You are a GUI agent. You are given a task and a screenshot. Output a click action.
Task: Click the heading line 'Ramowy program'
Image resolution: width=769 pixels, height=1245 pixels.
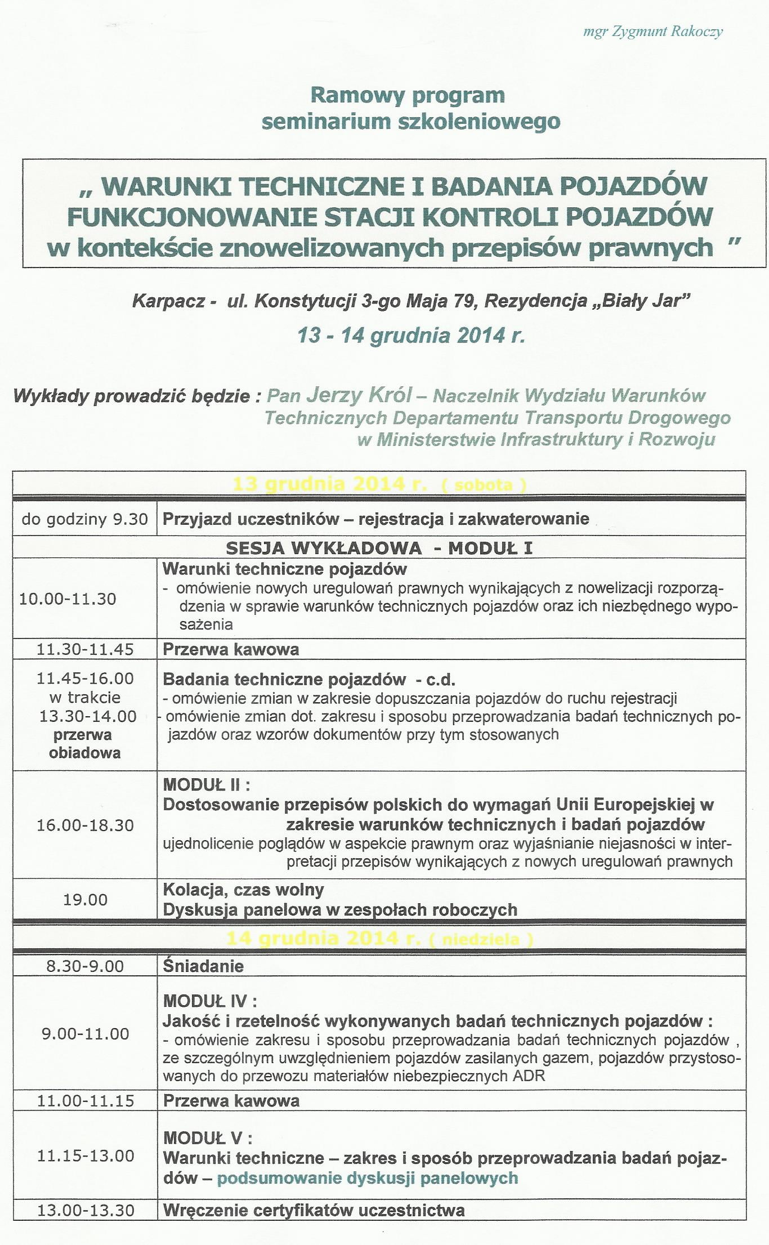pos(407,95)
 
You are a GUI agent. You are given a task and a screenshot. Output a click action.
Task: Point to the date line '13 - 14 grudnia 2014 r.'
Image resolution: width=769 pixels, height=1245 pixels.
pos(411,336)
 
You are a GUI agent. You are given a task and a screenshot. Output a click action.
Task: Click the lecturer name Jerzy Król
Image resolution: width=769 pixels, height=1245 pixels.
pos(359,395)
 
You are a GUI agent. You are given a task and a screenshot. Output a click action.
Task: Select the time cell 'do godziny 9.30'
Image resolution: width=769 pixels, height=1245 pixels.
pos(85,519)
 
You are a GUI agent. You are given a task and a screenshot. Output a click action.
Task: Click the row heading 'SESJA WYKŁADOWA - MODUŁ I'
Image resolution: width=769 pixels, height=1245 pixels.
pos(379,548)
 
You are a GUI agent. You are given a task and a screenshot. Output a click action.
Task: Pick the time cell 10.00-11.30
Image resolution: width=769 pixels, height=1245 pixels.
pos(68,599)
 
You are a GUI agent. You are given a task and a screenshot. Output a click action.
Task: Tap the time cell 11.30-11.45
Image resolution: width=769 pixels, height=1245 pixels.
pos(85,649)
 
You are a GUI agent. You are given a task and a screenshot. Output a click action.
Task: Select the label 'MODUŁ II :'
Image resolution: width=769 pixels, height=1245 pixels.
pos(207,784)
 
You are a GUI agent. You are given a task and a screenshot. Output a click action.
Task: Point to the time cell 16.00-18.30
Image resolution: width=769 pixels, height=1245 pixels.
pos(85,825)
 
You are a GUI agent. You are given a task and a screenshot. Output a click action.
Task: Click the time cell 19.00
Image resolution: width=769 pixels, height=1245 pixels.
pos(85,899)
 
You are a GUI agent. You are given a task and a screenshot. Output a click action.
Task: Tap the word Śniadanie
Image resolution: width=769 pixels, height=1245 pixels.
pos(203,966)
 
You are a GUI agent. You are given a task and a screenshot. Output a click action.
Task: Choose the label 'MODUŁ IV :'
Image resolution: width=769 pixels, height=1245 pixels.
pos(210,1001)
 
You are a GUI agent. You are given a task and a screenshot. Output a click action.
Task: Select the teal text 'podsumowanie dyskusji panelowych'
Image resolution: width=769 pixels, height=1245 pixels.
pos(367,1178)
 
